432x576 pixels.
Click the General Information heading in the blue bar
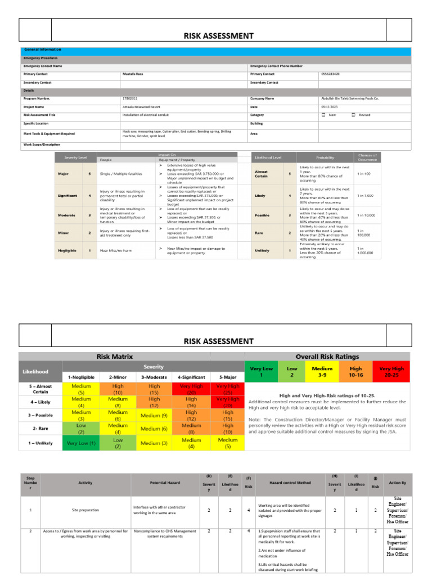coord(42,49)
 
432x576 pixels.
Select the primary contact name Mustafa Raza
coord(133,74)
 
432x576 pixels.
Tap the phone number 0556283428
coord(330,74)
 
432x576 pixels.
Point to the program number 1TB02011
coord(129,98)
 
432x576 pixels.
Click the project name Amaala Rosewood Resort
coord(139,106)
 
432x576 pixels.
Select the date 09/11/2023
coord(329,106)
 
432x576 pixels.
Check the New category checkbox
coord(323,115)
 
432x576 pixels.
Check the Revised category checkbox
coord(353,115)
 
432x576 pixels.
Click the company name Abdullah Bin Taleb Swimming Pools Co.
coord(350,98)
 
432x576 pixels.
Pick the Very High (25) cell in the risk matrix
coord(228,389)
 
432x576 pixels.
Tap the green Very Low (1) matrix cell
coord(80,443)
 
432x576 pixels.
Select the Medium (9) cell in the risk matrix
coord(154,416)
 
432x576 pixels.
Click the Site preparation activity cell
coord(85,510)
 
